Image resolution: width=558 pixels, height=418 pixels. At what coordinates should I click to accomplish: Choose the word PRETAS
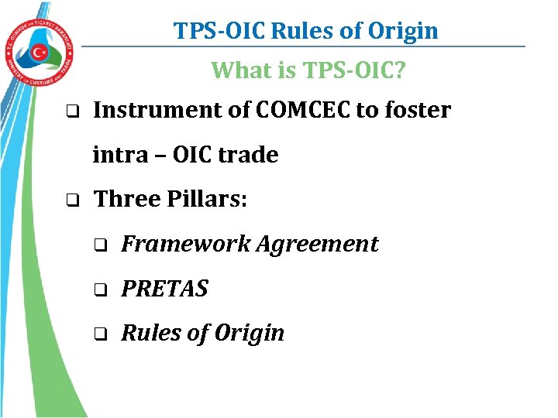(x=165, y=289)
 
